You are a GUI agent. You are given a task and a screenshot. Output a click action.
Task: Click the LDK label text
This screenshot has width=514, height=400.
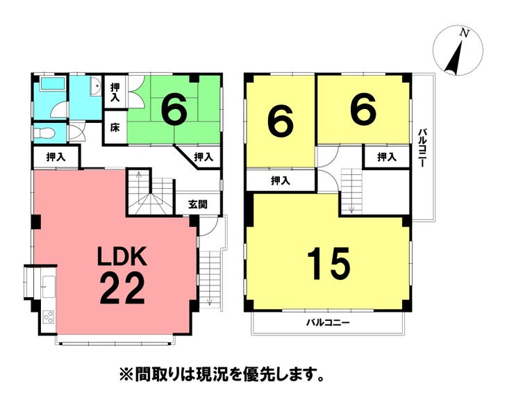122,256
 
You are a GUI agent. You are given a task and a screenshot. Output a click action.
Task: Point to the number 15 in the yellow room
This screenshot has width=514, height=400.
328,264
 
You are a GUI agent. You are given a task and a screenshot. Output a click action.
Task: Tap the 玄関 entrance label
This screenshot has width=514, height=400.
198,205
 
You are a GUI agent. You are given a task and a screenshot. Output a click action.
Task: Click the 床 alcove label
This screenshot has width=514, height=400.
115,127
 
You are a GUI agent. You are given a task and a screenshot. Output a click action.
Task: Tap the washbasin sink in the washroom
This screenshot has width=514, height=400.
97,86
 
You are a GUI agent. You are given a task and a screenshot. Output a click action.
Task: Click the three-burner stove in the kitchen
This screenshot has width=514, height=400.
49,317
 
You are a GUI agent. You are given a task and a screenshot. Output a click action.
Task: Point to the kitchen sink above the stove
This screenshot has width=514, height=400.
49,287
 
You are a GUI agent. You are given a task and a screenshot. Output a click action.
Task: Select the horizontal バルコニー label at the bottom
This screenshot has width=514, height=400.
328,323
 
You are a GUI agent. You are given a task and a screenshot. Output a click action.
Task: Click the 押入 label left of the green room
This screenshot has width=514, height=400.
115,92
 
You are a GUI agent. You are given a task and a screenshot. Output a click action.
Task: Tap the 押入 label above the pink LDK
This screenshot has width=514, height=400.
56,158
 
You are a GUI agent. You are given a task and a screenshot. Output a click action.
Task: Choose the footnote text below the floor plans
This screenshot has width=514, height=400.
222,374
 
